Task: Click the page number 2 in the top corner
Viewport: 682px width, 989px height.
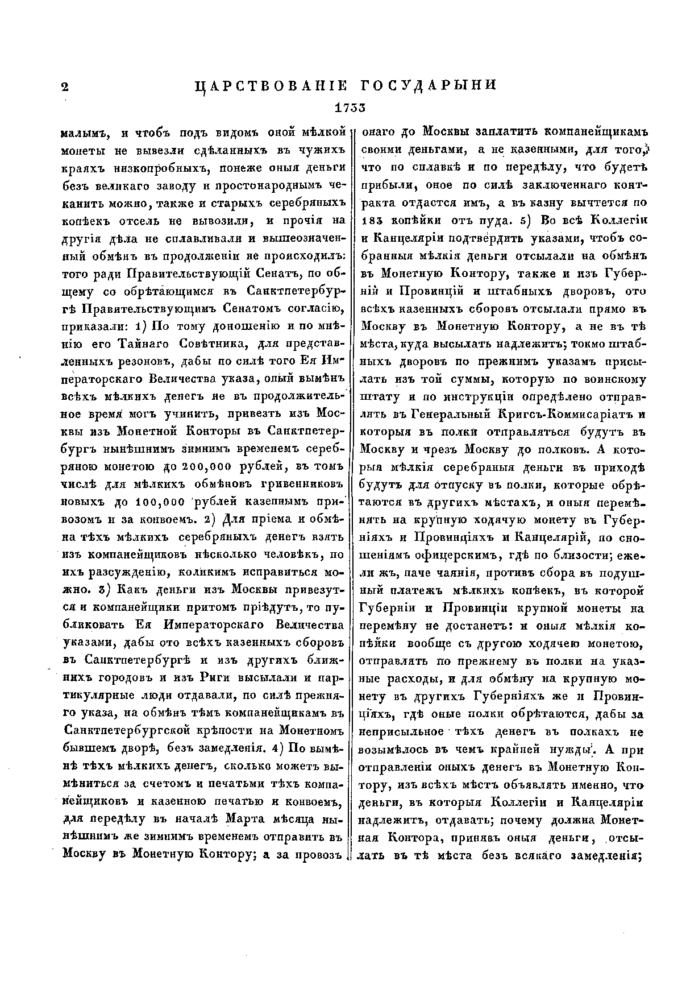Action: click(x=64, y=86)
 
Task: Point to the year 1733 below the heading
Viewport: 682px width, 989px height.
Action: click(x=350, y=107)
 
